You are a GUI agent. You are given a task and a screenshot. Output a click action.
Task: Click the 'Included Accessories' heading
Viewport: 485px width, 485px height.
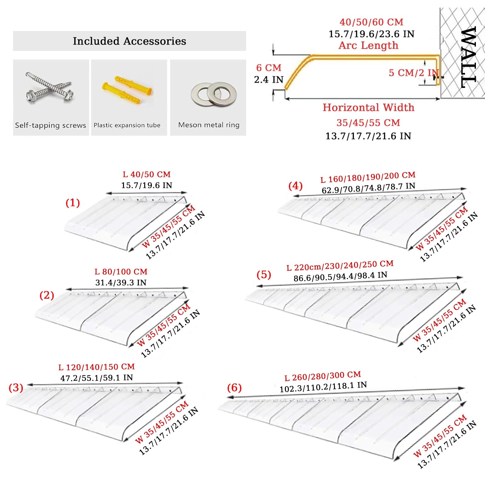click(129, 41)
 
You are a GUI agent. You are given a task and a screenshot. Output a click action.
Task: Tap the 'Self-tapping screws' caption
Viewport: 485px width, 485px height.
click(51, 125)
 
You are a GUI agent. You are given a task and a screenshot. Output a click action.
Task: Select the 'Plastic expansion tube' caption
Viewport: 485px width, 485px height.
click(127, 125)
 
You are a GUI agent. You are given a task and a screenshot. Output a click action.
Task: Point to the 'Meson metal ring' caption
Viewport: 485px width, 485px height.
click(209, 125)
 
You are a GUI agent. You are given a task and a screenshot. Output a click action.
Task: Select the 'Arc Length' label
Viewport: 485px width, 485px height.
click(368, 45)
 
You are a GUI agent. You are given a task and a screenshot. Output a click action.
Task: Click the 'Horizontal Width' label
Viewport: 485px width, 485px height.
click(368, 107)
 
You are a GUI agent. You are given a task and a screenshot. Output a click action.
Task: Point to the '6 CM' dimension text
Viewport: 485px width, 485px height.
click(269, 68)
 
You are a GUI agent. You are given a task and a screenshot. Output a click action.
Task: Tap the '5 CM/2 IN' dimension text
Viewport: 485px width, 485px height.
click(414, 73)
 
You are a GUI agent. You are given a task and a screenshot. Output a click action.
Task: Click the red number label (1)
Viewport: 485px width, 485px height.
click(73, 202)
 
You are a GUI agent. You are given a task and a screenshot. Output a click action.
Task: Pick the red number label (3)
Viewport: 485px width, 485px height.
click(16, 387)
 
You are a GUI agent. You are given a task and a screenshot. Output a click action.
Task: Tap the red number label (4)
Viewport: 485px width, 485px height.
click(295, 186)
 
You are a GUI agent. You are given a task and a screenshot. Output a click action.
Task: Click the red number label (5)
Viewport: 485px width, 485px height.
click(264, 275)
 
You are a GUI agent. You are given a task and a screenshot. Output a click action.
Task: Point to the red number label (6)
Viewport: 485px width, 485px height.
click(234, 387)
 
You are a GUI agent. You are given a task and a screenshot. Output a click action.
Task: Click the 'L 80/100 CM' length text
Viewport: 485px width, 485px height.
click(121, 272)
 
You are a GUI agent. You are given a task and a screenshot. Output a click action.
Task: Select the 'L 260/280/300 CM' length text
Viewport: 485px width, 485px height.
click(323, 376)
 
